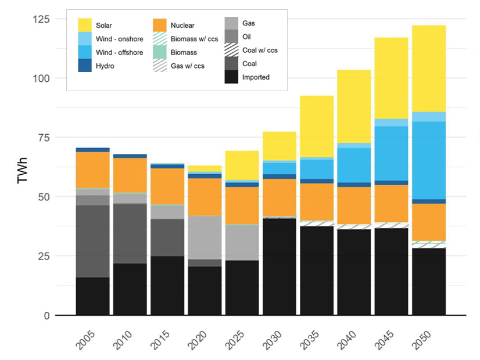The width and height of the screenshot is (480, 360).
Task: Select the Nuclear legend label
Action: pos(182,26)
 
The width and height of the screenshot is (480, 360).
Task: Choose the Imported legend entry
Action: pos(256,77)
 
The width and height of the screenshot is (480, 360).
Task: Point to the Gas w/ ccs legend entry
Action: pos(188,66)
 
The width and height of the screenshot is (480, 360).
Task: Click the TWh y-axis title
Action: pos(23,172)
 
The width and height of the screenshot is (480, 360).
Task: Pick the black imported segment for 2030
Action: pos(280,267)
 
